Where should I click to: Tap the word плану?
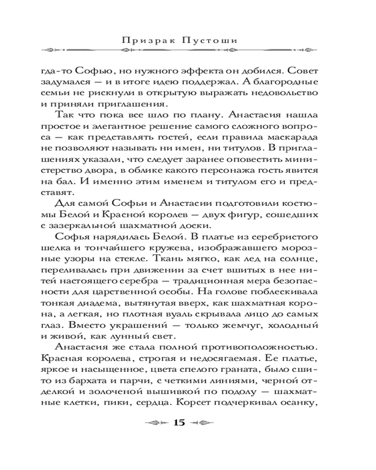pos(191,115)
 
